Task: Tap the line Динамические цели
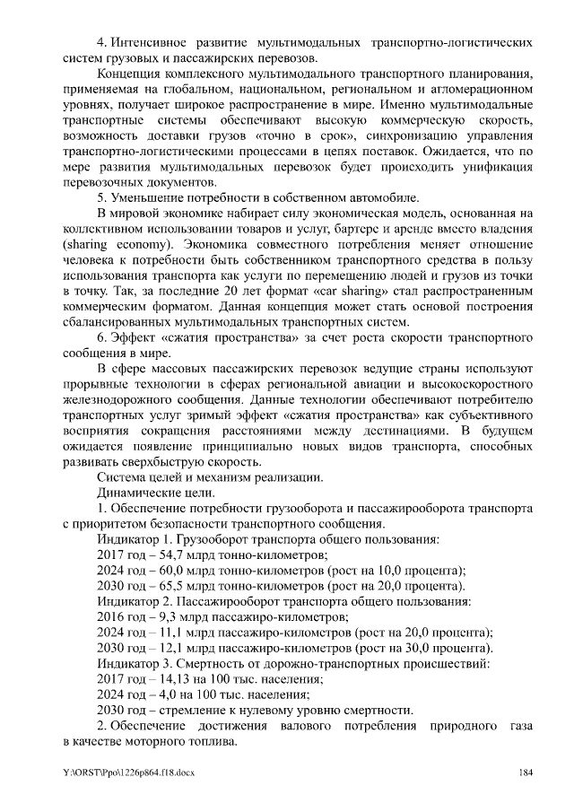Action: click(x=155, y=493)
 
